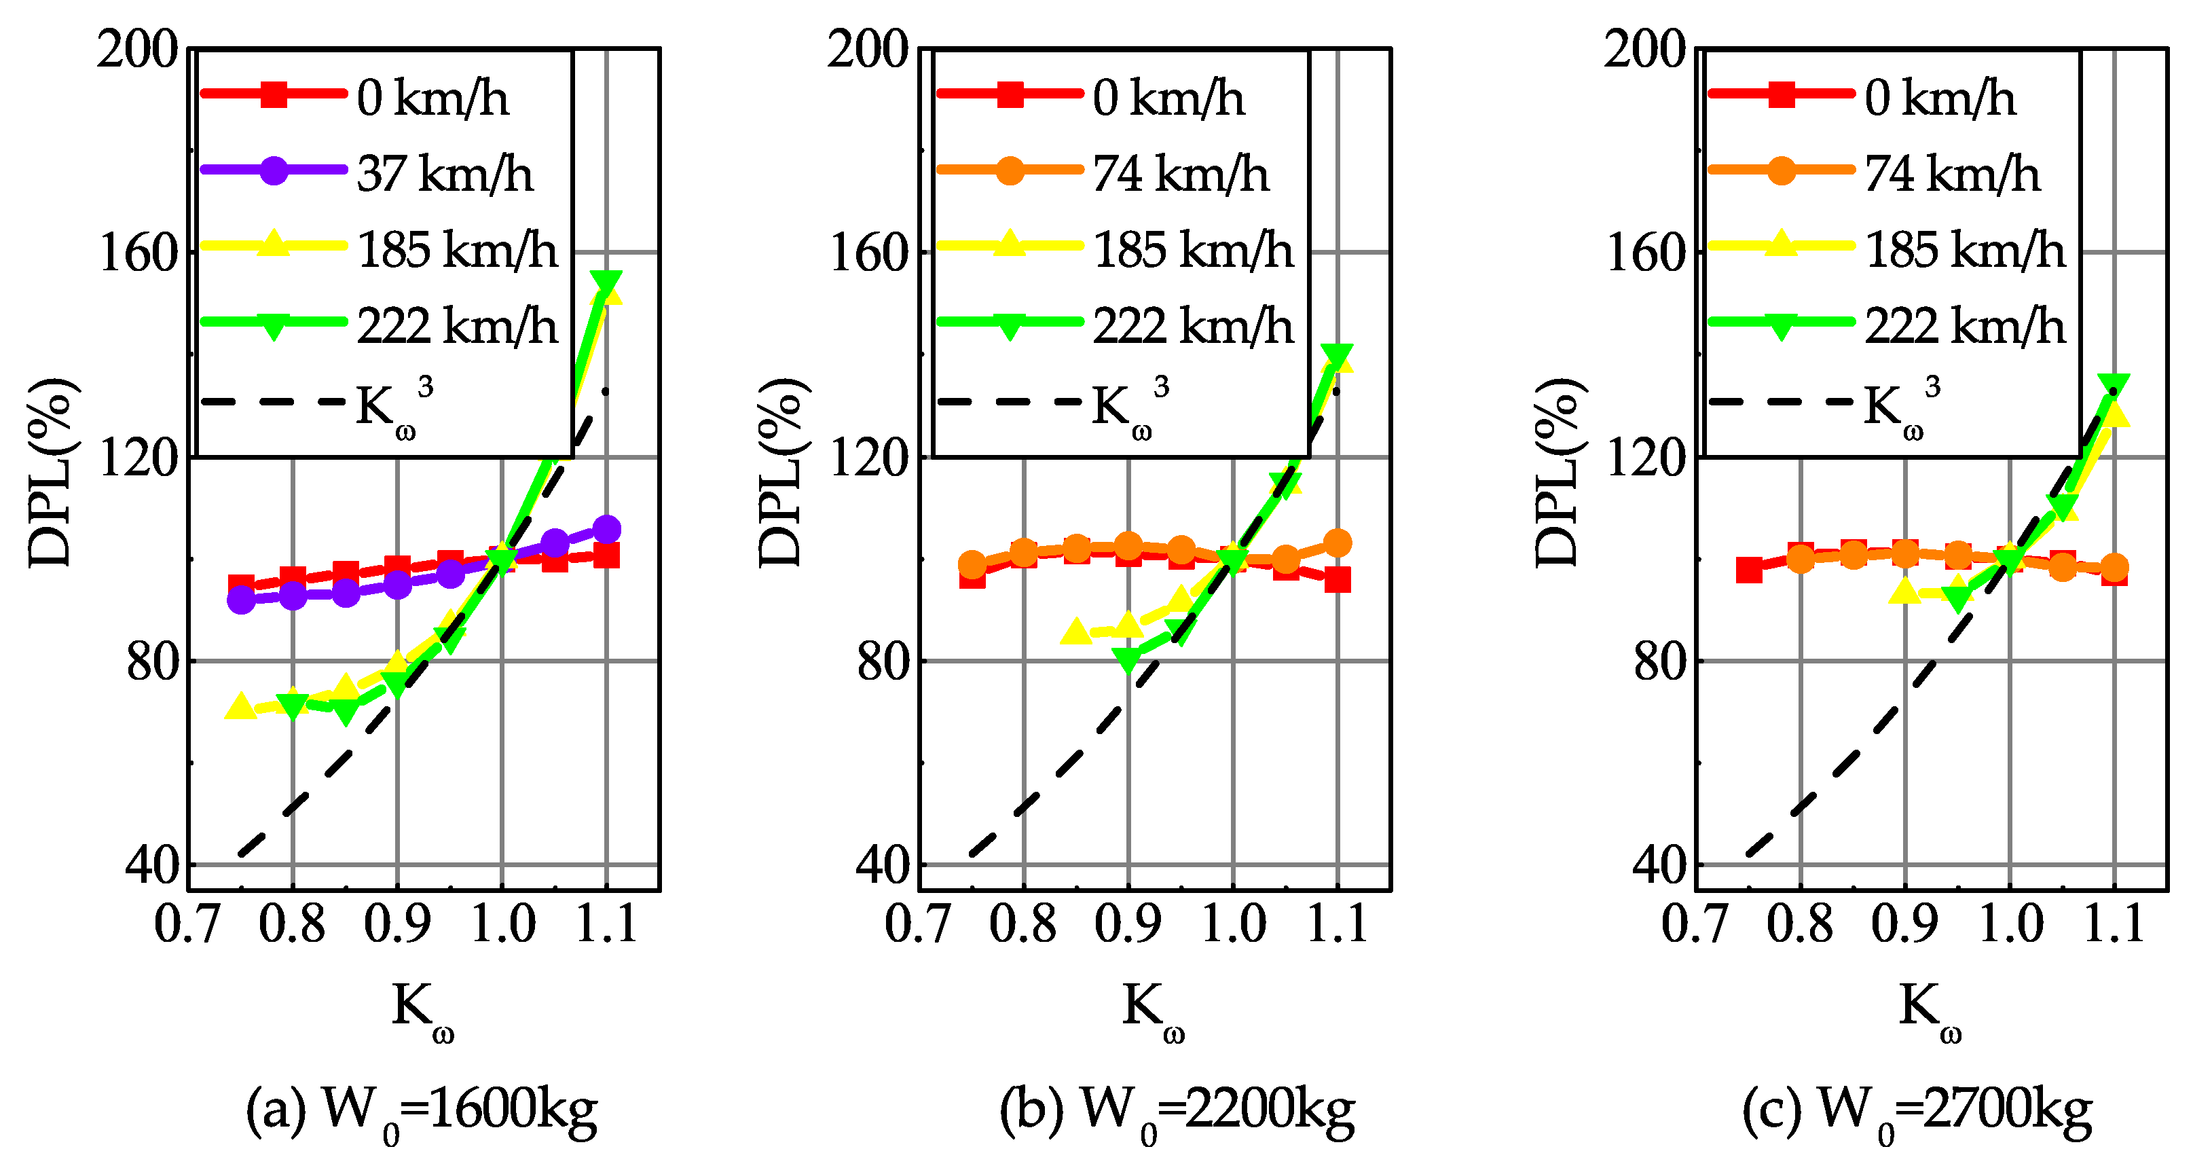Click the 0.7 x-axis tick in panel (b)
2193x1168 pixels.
[x=919, y=924]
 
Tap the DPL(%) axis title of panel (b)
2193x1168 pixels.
[x=781, y=473]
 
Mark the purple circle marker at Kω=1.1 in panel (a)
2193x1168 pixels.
[x=606, y=529]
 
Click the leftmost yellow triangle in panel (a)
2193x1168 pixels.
[x=240, y=707]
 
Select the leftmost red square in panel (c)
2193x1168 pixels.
[x=1748, y=570]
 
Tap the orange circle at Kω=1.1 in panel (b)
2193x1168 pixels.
[x=1338, y=543]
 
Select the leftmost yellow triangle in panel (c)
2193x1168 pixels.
[x=1905, y=591]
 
